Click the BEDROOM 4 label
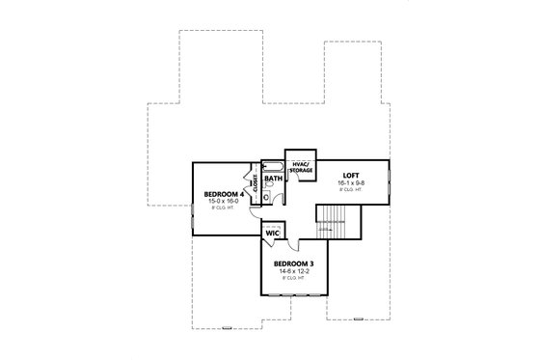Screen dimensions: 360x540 click(221, 194)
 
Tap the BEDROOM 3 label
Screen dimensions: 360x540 click(292, 263)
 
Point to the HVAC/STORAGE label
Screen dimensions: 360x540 click(299, 166)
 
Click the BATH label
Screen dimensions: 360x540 click(273, 179)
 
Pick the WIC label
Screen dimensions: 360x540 click(272, 233)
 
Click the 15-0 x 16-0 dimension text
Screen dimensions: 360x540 click(221, 202)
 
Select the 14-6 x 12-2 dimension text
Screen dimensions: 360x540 click(292, 271)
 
